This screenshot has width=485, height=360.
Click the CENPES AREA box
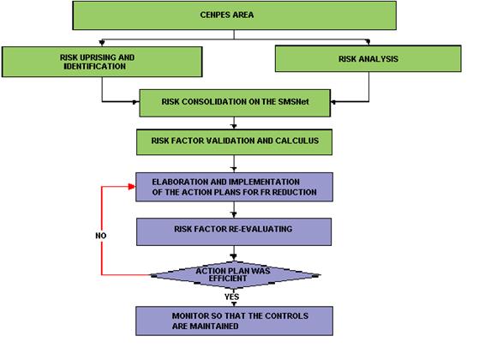point(235,15)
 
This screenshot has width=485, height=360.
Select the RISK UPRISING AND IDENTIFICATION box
point(102,62)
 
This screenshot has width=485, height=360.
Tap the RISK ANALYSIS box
point(368,59)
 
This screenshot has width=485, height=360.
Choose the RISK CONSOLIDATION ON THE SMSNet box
point(235,103)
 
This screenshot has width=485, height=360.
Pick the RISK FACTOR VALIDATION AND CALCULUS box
point(235,142)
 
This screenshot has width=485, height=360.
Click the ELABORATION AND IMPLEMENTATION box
point(235,187)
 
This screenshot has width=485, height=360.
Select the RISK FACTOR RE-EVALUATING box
point(234,232)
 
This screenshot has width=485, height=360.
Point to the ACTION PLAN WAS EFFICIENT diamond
point(235,275)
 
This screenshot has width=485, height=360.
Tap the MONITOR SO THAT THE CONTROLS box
point(235,321)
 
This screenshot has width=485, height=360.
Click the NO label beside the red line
point(101,236)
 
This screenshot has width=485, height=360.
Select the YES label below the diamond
point(231,297)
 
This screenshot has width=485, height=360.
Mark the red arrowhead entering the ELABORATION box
point(132,187)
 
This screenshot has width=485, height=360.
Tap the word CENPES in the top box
point(213,15)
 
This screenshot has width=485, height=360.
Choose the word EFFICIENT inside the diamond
point(228,279)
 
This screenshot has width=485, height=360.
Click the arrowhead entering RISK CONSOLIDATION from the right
point(333,102)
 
